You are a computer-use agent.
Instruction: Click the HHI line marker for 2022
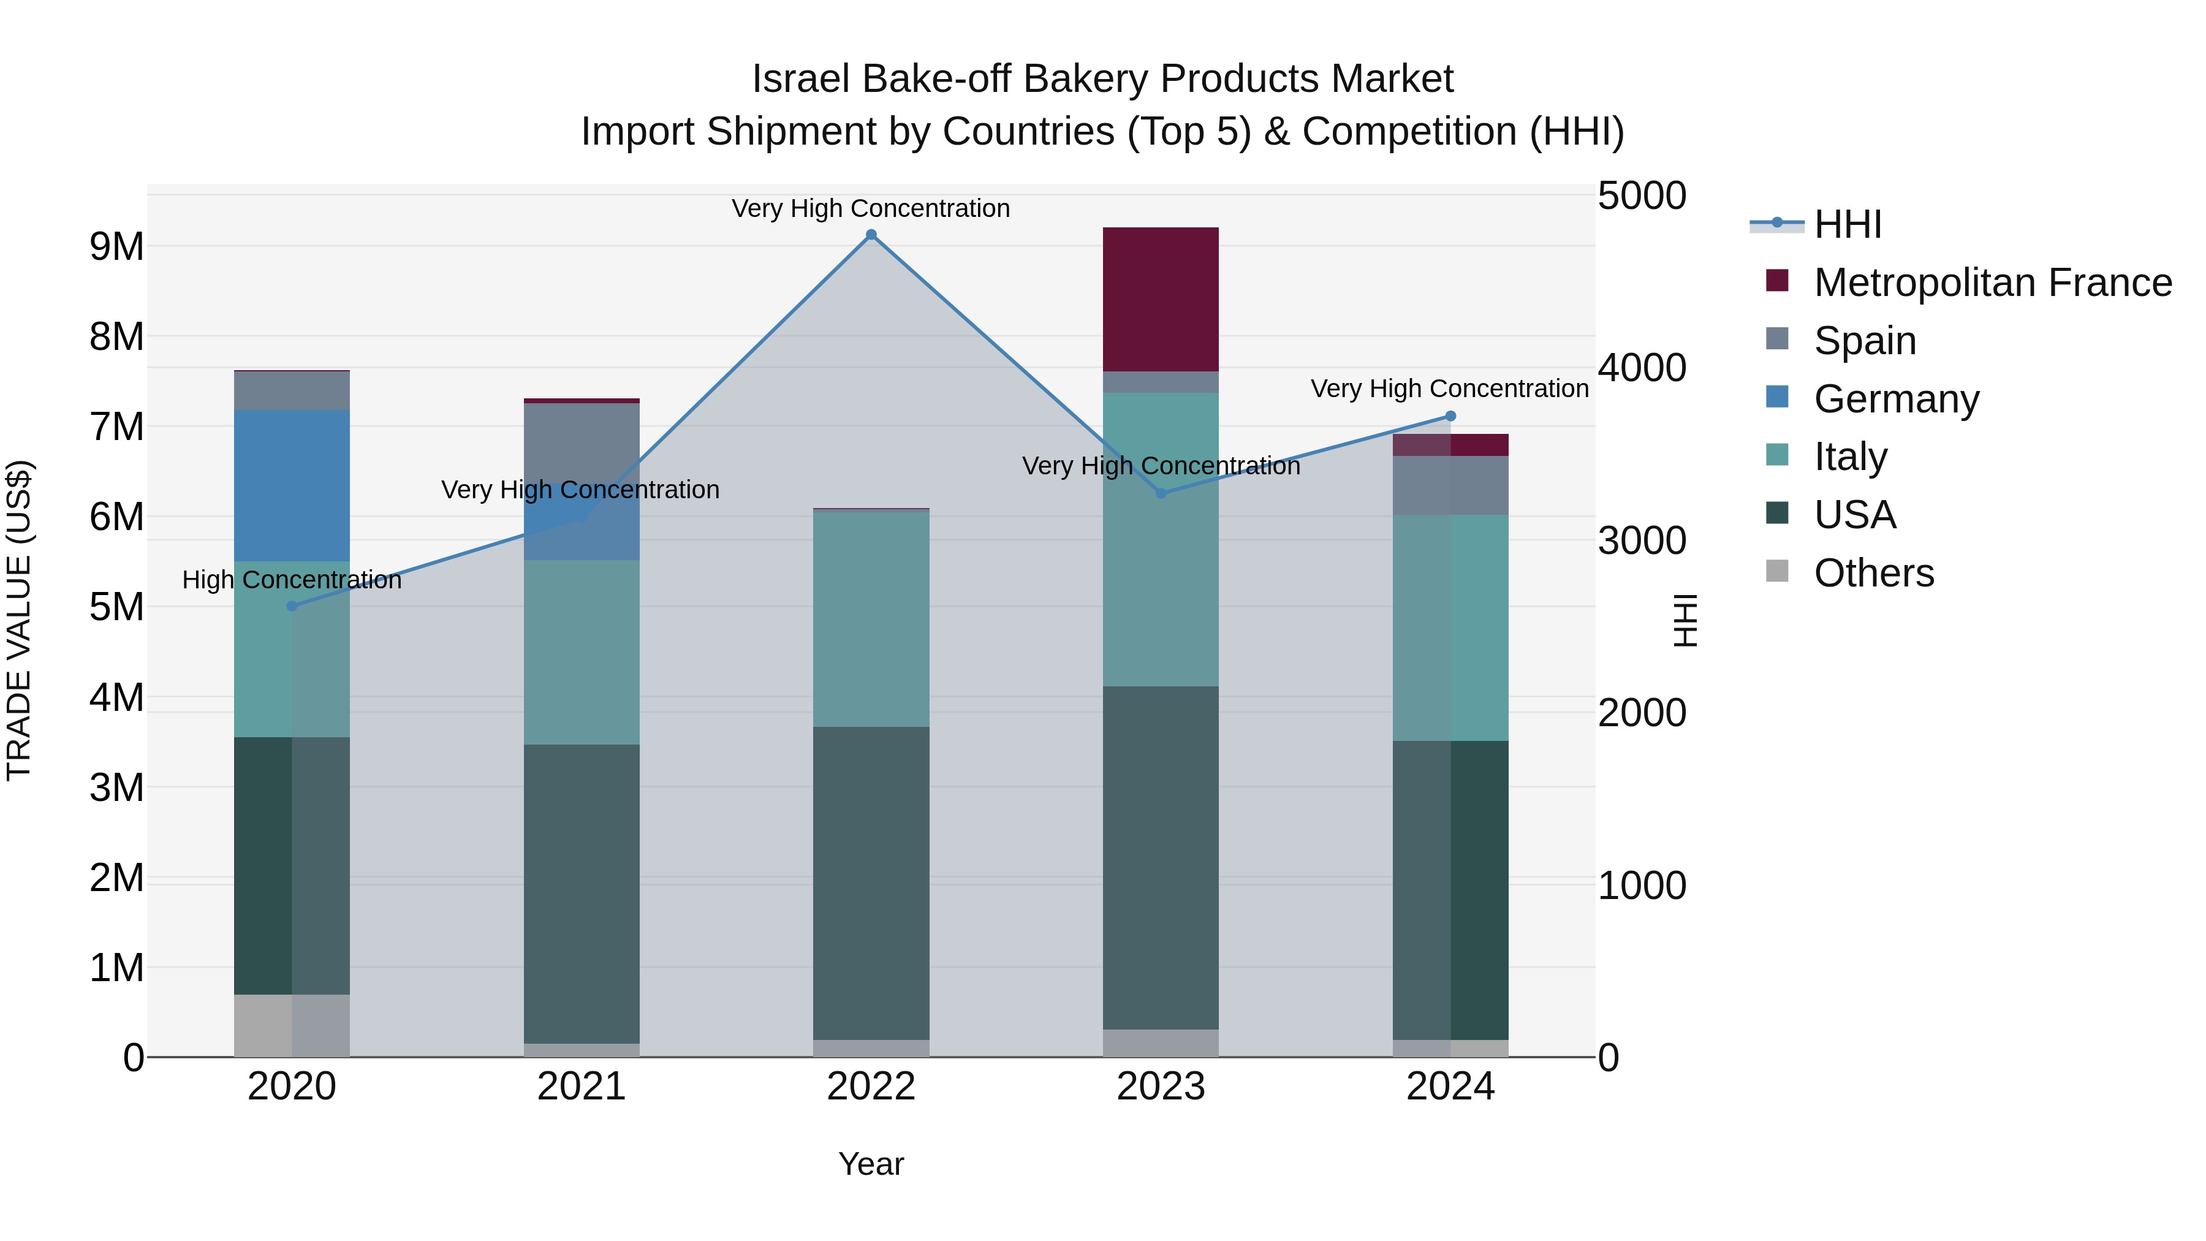[871, 235]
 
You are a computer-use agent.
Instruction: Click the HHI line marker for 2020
[292, 606]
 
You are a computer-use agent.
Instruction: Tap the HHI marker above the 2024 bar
[1450, 416]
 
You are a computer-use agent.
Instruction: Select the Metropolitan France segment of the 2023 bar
[1161, 299]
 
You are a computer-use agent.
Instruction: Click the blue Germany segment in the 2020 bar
[292, 485]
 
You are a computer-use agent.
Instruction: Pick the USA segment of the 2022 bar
[871, 882]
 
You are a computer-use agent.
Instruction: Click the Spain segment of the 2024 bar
[1450, 485]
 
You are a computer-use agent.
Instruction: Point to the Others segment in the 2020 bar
[292, 1025]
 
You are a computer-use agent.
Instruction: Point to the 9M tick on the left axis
[116, 246]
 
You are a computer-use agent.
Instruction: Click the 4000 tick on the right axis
[1642, 368]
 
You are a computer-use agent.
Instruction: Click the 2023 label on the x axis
[1161, 1087]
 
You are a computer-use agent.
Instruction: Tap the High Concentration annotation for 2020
[292, 580]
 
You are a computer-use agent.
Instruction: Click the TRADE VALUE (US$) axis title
[19, 620]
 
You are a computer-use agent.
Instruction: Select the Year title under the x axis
[871, 1164]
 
